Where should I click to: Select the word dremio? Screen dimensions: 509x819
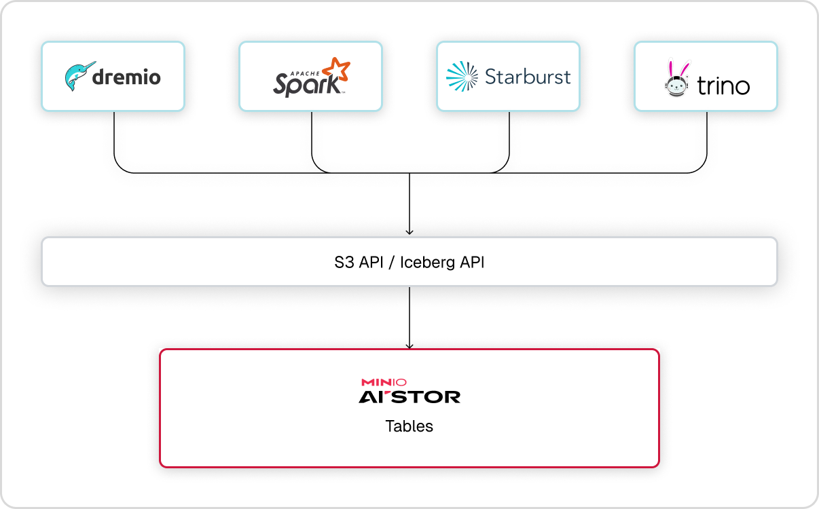point(126,77)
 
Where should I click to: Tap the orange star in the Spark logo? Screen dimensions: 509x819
point(335,71)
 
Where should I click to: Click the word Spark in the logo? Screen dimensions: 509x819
point(306,84)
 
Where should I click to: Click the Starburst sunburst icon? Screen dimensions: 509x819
point(462,77)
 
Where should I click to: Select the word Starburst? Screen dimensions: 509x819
point(528,76)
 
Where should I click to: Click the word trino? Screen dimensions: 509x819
point(723,86)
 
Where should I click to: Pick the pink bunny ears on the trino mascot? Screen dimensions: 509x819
point(676,68)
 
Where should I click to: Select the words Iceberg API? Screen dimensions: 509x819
point(442,262)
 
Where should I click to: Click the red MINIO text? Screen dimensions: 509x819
point(384,383)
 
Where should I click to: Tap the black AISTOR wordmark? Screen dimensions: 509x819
point(409,396)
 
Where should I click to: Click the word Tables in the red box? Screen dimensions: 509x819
point(409,426)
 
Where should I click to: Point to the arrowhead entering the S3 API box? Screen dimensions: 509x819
point(409,232)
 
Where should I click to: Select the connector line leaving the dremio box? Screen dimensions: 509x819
point(114,136)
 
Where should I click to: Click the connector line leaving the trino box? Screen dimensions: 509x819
point(707,136)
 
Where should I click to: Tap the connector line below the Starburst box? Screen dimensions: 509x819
point(509,136)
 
